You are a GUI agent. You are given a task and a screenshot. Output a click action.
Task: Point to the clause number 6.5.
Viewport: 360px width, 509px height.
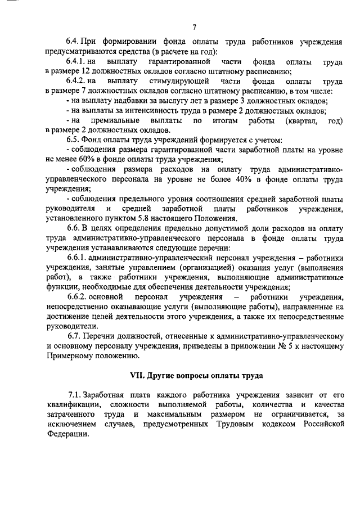click(x=73, y=138)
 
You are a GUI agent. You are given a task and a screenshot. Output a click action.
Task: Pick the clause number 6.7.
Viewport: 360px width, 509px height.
click(x=73, y=336)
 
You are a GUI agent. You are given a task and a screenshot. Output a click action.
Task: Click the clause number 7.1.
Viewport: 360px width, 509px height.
click(x=75, y=396)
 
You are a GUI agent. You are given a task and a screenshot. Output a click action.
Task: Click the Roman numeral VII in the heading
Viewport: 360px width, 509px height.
click(x=138, y=375)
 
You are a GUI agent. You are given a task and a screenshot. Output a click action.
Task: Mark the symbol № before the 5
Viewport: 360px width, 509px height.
click(x=300, y=346)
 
